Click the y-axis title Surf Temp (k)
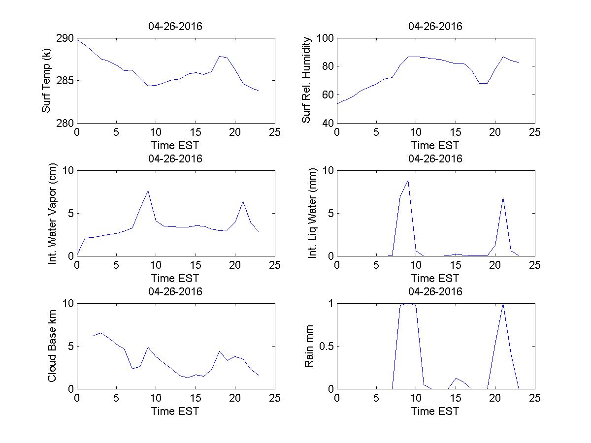47,81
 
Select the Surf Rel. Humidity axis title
307,80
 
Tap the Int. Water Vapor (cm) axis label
53,214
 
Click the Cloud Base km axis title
53,346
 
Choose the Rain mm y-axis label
309,346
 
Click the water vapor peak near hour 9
148,191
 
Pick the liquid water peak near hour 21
503,197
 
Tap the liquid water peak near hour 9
408,180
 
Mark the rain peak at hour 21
503,304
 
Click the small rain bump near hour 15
456,378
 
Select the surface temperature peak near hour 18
219,56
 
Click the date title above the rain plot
435,291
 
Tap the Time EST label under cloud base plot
175,411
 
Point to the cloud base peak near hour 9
148,347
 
